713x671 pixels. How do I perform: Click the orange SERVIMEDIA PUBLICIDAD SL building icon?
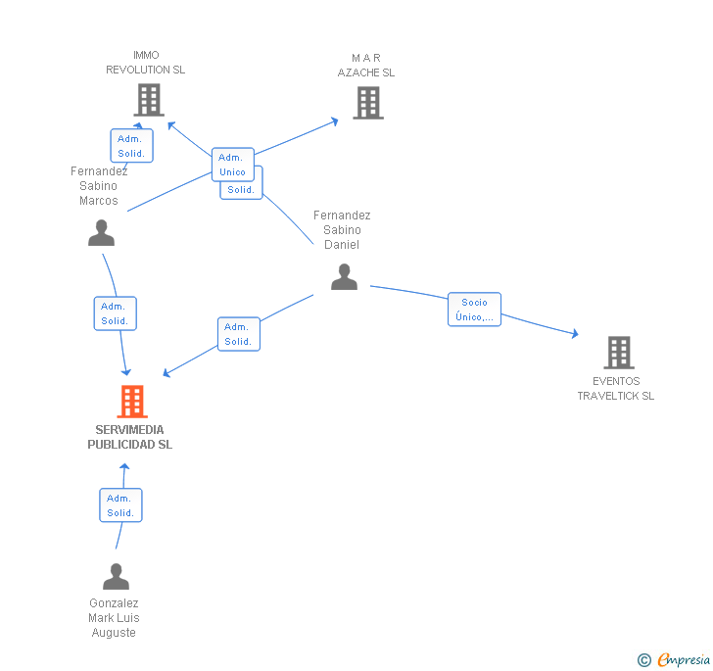click(x=132, y=402)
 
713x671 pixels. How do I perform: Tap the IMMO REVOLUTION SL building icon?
click(x=148, y=99)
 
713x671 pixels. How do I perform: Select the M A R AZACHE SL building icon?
click(x=367, y=102)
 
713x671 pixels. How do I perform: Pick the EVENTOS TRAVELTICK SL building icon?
click(x=618, y=353)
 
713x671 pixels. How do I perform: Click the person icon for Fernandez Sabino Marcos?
click(x=101, y=232)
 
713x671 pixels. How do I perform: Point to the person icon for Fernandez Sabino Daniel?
click(x=344, y=277)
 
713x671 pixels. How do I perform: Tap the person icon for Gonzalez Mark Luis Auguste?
click(x=116, y=576)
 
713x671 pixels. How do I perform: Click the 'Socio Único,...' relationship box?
click(x=474, y=310)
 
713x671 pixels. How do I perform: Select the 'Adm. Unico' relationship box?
click(x=233, y=164)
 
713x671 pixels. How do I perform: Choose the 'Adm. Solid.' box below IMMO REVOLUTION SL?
click(x=131, y=146)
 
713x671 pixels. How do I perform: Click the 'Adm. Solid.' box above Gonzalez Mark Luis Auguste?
click(x=120, y=505)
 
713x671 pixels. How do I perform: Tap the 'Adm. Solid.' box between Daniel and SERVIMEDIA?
click(x=238, y=334)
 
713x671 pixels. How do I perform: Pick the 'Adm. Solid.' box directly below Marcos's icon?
click(x=115, y=313)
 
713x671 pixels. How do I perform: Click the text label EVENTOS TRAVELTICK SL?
click(x=615, y=389)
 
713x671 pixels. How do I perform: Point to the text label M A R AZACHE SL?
click(x=366, y=65)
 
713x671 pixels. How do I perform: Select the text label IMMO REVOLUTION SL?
click(x=145, y=63)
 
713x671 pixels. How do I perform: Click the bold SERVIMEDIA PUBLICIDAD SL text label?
click(x=130, y=437)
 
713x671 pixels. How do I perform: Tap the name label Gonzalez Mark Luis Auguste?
click(x=114, y=618)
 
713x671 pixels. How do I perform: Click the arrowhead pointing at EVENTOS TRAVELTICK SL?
click(x=574, y=334)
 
